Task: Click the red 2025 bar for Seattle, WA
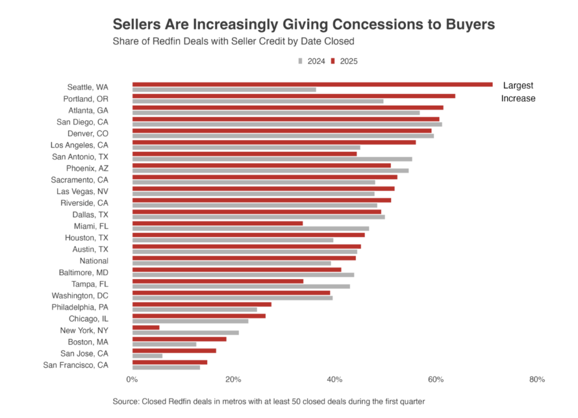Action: point(312,85)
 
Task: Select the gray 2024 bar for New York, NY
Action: point(185,333)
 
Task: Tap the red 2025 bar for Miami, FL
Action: point(217,223)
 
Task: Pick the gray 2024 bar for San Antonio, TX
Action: point(272,159)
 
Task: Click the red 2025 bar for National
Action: point(244,258)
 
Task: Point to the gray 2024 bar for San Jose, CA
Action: point(147,356)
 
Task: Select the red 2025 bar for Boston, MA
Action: point(179,339)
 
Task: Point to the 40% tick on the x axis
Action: point(335,380)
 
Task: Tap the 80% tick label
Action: point(537,380)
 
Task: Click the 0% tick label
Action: point(132,380)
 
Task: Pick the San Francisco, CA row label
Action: point(76,365)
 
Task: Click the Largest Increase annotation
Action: point(518,92)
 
